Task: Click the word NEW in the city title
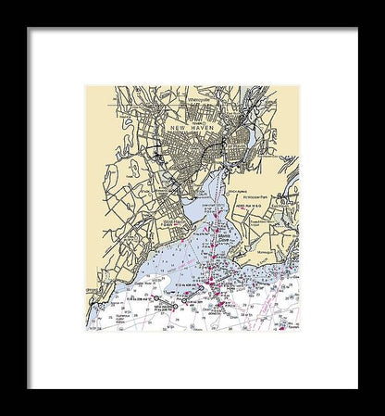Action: point(178,127)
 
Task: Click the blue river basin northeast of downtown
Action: point(243,141)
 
